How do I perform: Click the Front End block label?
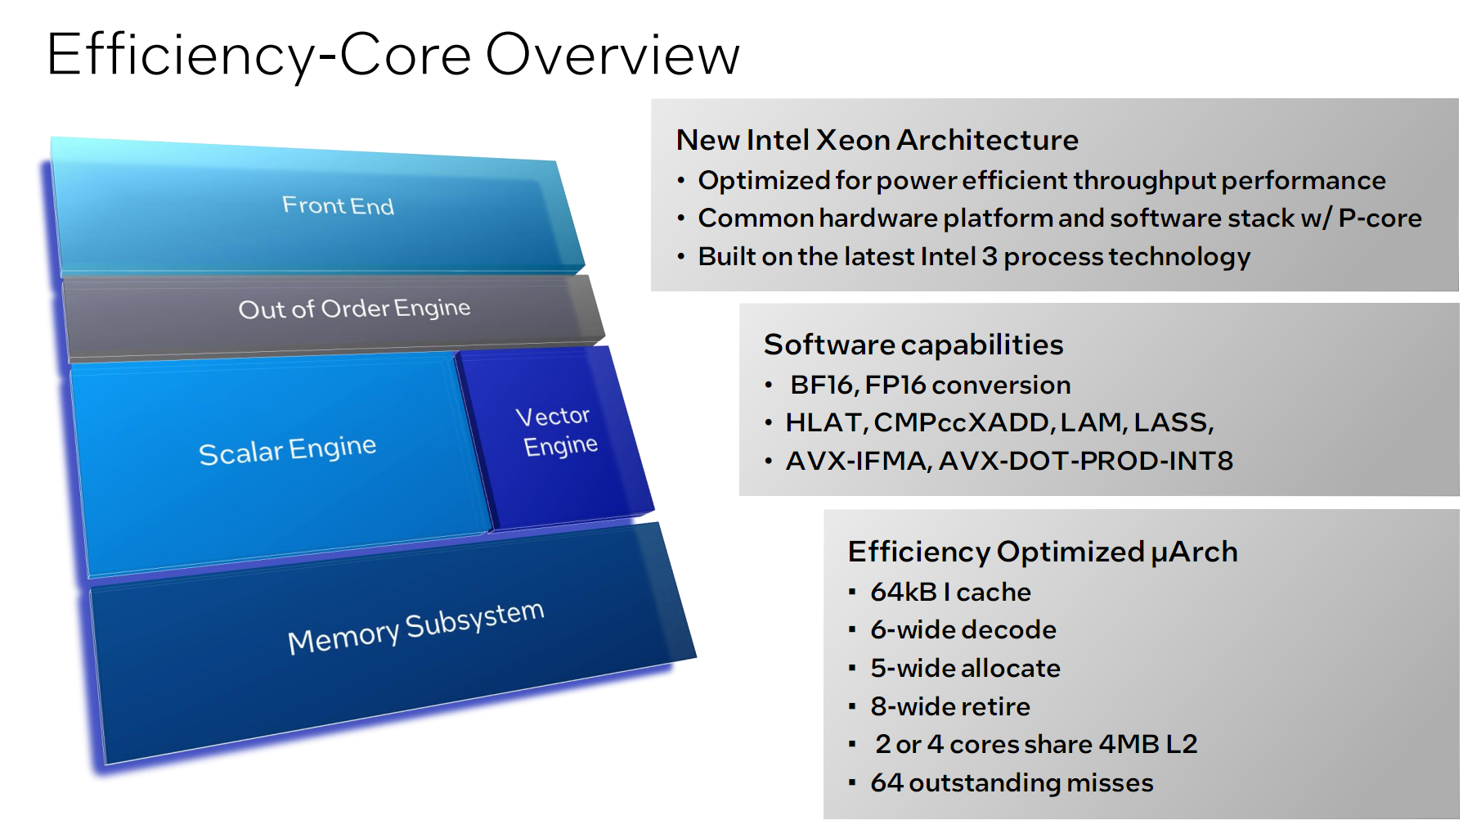338,205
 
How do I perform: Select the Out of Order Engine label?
354,309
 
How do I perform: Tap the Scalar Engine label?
287,449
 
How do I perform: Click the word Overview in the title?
613,55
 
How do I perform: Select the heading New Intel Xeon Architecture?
877,140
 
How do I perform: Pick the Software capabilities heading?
913,345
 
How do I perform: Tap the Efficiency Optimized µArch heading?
1042,552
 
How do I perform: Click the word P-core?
1380,219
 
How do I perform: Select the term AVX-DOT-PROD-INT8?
1085,461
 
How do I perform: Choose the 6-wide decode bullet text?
963,629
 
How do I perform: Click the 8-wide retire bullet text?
949,706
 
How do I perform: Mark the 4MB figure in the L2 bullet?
1129,744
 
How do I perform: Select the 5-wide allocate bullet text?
965,668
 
